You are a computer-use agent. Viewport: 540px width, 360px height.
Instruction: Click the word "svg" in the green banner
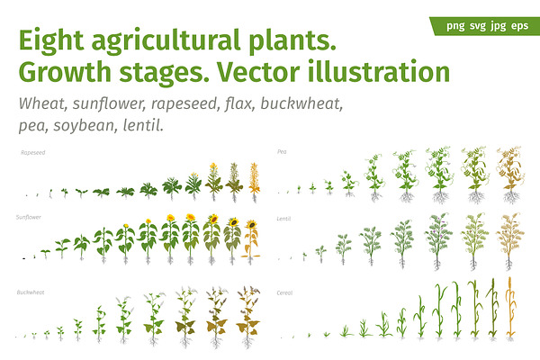pos(478,26)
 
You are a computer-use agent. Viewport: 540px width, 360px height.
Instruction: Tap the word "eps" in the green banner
pos(519,26)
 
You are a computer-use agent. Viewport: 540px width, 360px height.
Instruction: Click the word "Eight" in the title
pos(51,41)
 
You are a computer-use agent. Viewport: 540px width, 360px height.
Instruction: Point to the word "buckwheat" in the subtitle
pos(301,103)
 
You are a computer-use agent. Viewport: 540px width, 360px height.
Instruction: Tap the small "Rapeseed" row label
pos(32,153)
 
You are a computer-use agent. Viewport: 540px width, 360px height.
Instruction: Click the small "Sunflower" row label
pos(29,217)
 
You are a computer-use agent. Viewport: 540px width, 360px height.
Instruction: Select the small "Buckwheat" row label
pos(31,292)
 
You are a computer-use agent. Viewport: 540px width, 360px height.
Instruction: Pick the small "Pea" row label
pos(282,151)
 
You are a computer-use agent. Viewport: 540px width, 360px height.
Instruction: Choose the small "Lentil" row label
pos(283,219)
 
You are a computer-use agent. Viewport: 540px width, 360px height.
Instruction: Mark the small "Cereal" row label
pos(284,292)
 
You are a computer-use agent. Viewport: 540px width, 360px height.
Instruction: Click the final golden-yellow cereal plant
pos(510,309)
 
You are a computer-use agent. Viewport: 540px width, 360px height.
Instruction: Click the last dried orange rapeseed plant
pos(254,182)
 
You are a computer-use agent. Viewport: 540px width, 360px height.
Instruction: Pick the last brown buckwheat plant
pos(248,316)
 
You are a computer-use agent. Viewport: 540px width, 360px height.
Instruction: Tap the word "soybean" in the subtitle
pos(84,126)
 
